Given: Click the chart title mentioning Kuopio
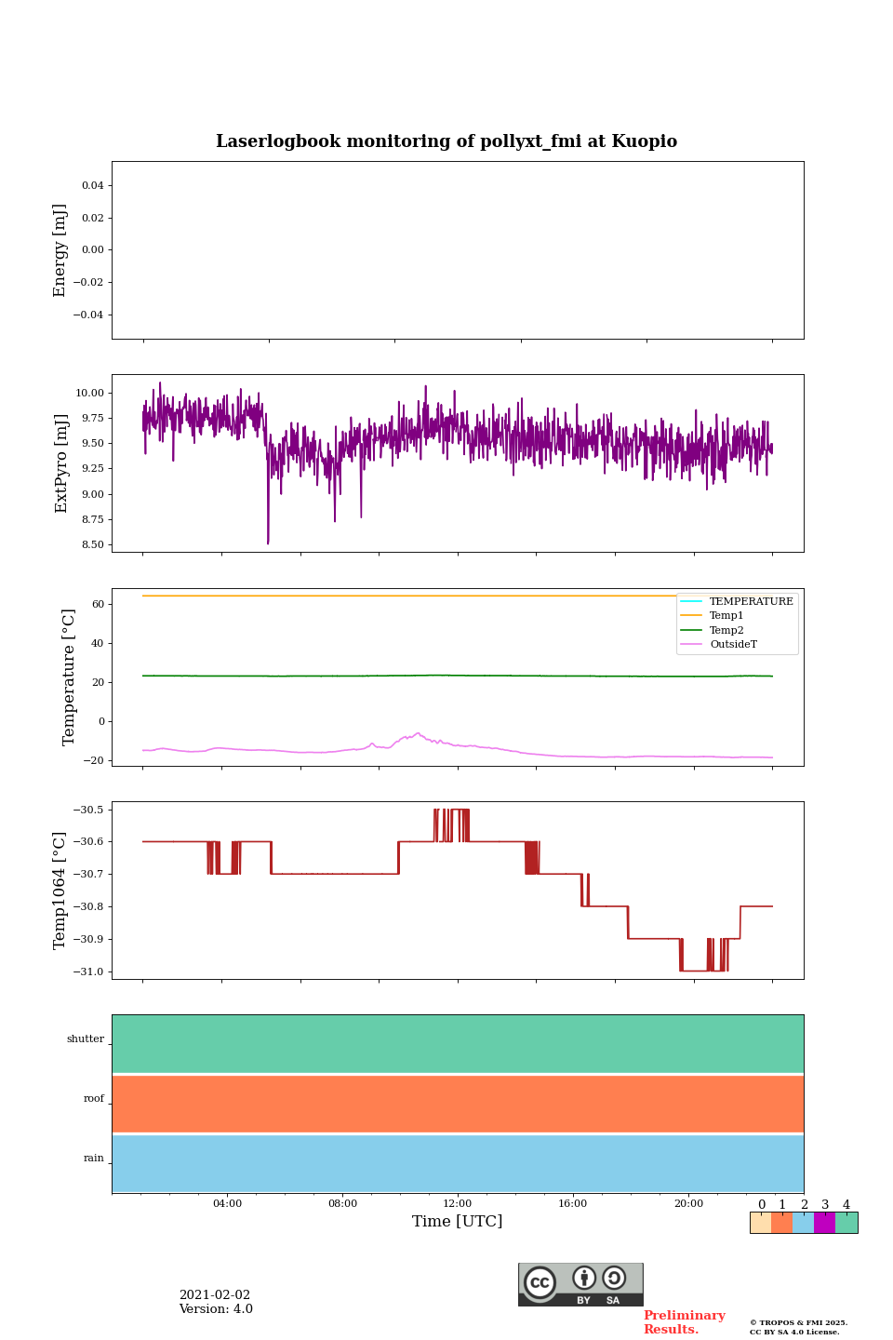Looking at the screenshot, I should (446, 141).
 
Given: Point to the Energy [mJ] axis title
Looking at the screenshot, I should (60, 250).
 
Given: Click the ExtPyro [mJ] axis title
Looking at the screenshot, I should (61, 463).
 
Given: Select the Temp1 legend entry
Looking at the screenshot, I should (726, 616).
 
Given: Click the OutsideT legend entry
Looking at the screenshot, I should (733, 645).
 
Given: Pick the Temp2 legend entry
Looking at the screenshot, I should (726, 630).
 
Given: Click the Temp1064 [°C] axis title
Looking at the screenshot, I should (60, 891).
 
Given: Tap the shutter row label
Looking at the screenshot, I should (86, 1039).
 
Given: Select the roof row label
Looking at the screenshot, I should (94, 1099).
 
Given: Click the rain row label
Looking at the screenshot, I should (94, 1159).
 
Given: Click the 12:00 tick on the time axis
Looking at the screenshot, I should (458, 1203).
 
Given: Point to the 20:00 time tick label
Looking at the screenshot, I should (688, 1203).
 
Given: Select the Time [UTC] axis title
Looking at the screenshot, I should (458, 1222).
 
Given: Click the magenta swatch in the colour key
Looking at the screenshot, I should (824, 1223).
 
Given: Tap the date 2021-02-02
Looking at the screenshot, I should (215, 1295).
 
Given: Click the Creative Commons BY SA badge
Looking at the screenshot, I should (580, 1284).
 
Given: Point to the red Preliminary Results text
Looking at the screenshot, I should (684, 1322).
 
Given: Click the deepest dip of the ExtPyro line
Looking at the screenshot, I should (268, 543).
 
